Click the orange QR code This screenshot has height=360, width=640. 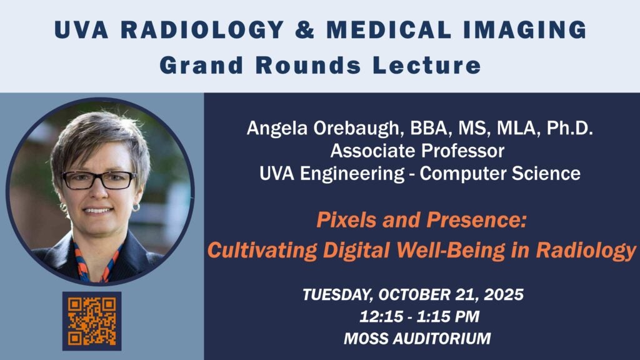click(92, 321)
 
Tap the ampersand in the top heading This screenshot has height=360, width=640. click(305, 30)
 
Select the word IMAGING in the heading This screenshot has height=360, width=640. click(525, 30)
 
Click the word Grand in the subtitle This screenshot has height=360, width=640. click(201, 65)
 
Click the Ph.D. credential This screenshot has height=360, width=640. click(570, 128)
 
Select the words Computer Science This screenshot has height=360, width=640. click(500, 174)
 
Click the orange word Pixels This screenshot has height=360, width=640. click(346, 220)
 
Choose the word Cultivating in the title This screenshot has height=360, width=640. click(262, 250)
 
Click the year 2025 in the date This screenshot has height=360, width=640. click(504, 294)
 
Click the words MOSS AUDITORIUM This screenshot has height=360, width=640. click(417, 338)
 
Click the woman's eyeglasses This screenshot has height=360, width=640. click(99, 180)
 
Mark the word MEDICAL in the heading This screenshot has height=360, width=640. click(389, 30)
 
